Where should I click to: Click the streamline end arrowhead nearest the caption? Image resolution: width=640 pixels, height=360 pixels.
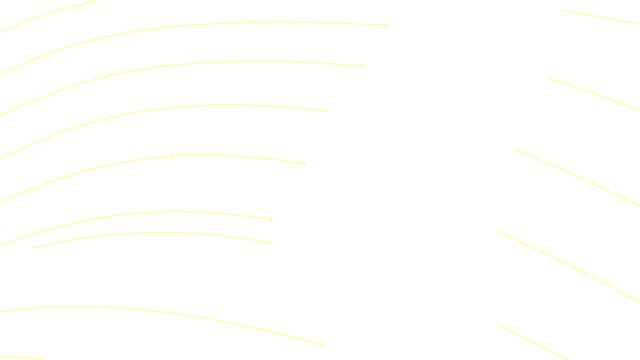(322, 345)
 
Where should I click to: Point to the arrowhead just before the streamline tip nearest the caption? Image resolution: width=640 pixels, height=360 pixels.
(296, 338)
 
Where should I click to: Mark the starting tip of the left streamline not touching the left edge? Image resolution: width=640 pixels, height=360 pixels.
(33, 248)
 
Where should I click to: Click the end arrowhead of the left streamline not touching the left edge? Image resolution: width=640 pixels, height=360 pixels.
(270, 243)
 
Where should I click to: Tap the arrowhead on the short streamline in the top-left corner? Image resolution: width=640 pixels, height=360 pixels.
(53, 12)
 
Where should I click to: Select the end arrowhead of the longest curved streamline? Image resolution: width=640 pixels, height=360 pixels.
(387, 26)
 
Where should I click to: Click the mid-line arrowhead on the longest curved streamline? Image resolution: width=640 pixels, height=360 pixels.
(254, 22)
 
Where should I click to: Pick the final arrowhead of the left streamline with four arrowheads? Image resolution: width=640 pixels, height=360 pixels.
(304, 164)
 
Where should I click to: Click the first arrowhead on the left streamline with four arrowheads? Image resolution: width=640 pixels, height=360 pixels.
(68, 176)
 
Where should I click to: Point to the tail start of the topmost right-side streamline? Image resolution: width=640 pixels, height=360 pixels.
(563, 10)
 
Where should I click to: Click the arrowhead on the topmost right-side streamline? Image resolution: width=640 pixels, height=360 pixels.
(590, 15)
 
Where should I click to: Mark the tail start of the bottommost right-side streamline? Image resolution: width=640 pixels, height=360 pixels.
(500, 326)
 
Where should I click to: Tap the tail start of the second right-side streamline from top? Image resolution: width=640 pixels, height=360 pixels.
(550, 79)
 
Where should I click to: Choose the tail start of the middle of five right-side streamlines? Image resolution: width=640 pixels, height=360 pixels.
(518, 151)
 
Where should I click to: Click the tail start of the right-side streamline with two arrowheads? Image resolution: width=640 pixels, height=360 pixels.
(498, 232)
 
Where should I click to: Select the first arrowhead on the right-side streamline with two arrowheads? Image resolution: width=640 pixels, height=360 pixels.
(522, 243)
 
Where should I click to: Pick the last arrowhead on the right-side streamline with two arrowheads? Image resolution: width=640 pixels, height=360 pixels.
(629, 296)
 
